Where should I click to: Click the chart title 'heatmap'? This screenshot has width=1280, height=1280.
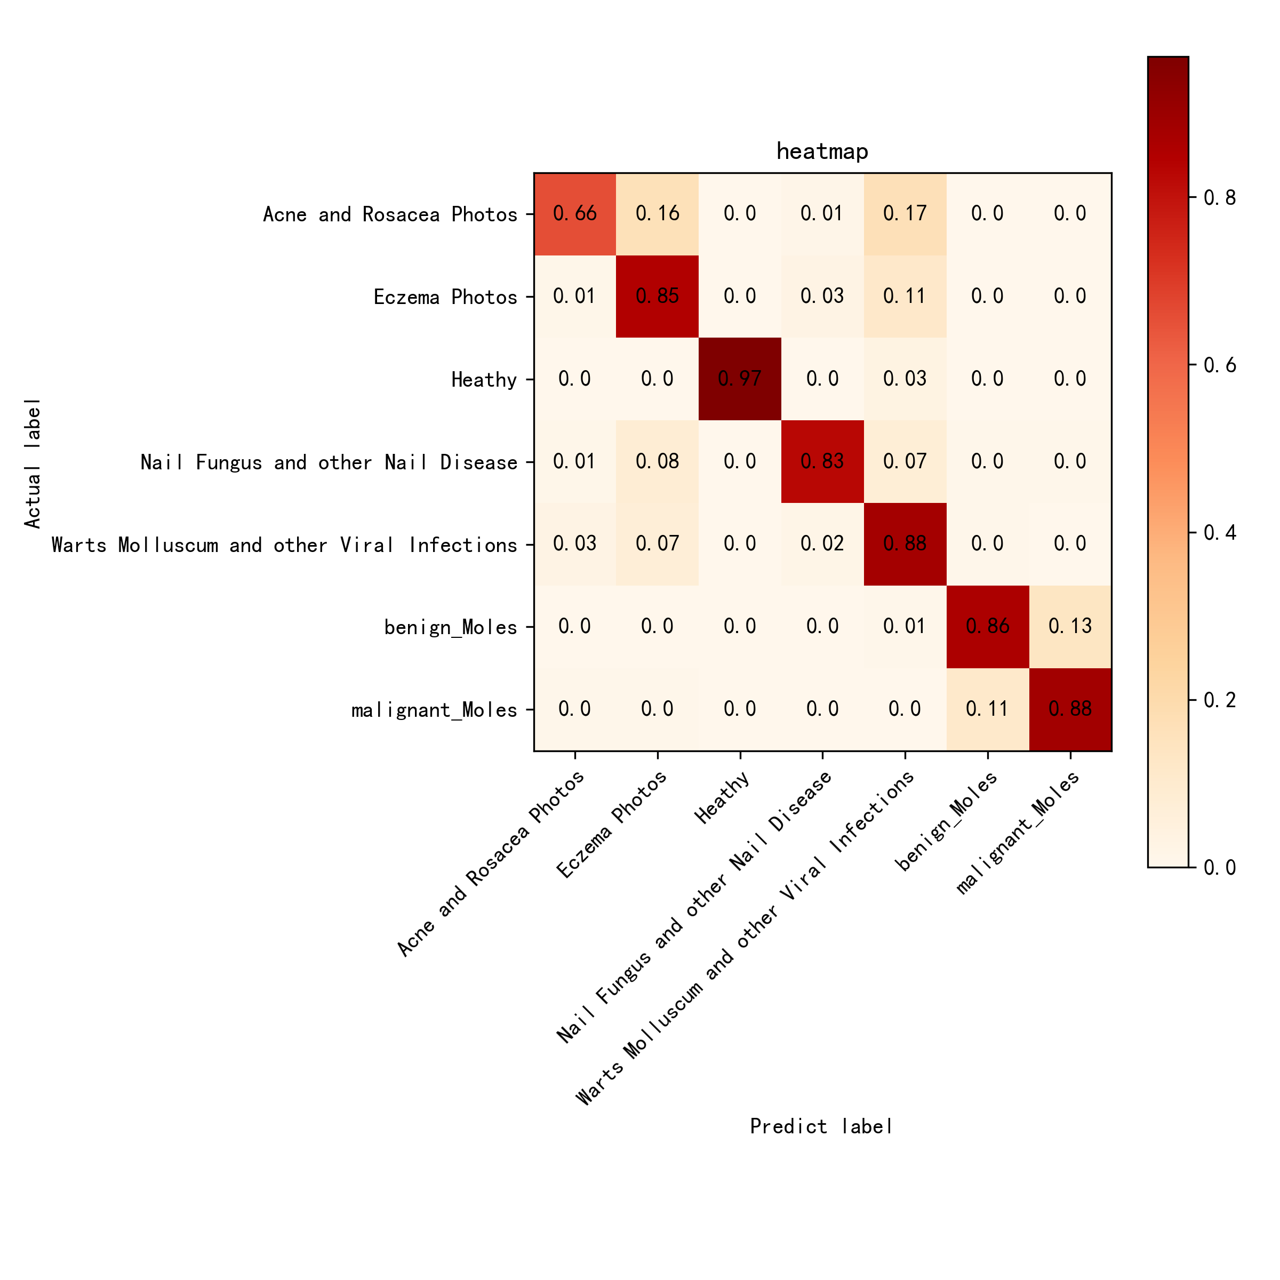pos(821,151)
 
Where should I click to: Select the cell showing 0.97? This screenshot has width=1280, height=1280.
pos(740,379)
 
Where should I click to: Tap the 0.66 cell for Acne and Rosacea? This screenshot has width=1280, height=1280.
pos(575,213)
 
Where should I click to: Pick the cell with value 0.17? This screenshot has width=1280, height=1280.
pos(905,213)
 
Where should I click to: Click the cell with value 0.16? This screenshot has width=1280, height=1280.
pos(657,213)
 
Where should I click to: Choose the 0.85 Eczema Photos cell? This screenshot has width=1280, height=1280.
pos(657,296)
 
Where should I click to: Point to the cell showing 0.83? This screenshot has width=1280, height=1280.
pos(822,461)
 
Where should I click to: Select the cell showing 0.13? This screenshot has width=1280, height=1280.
pos(1070,626)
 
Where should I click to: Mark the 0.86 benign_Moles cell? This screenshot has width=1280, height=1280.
pos(987,626)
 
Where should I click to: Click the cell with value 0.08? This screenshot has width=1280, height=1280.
pos(657,461)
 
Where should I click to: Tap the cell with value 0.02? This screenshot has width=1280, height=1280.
pos(822,544)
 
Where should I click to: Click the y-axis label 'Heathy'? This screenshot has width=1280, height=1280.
pos(484,380)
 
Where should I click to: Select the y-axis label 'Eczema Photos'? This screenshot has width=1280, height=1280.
pos(445,298)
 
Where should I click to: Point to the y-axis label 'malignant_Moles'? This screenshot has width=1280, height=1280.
pos(434,711)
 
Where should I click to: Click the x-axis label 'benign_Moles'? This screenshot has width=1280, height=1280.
pos(946,821)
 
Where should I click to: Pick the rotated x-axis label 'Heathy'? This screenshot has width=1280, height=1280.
pos(722,798)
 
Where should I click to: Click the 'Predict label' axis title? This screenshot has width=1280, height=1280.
pos(821,1126)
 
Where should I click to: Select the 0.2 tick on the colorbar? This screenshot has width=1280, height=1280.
pos(1220,700)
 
